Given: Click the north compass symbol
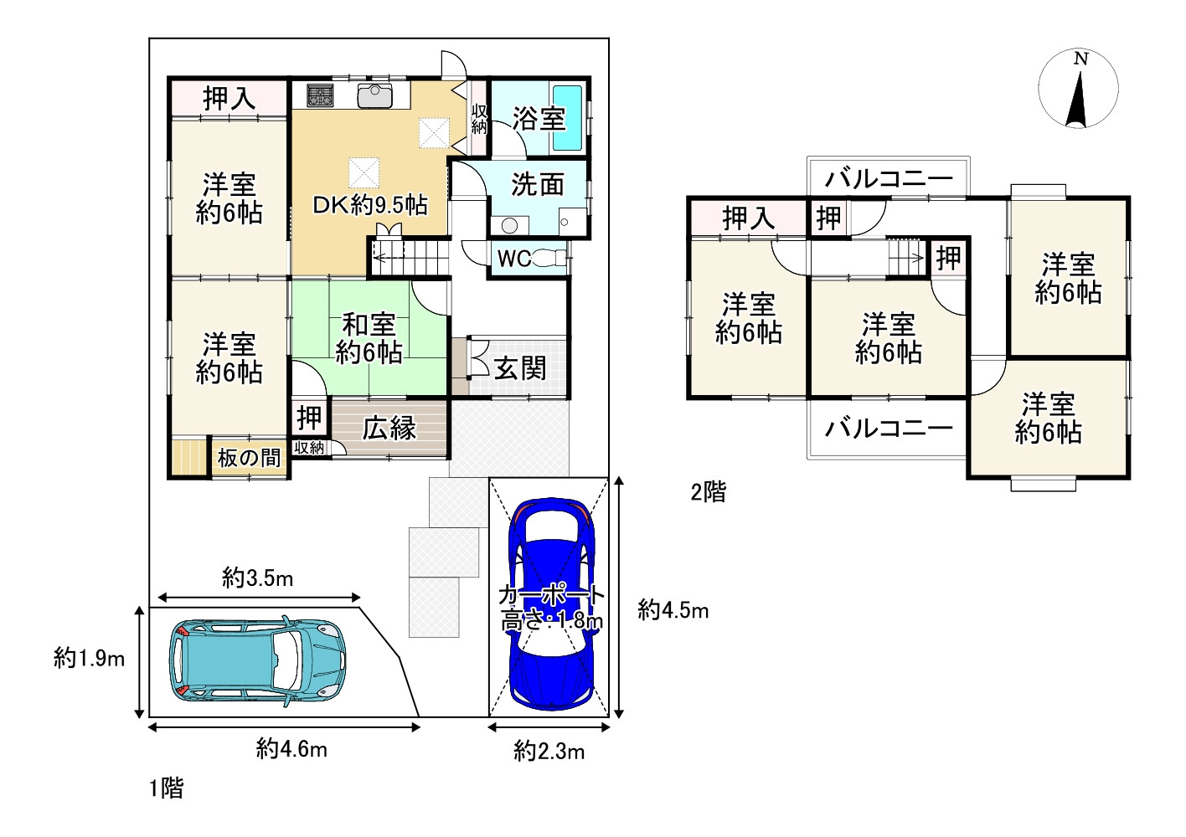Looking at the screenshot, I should click(x=1078, y=89).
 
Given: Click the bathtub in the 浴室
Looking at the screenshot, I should click(x=567, y=117).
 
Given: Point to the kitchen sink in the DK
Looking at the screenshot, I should click(x=375, y=95).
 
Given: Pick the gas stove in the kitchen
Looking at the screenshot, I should click(x=320, y=95).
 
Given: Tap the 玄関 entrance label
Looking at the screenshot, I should click(x=519, y=367).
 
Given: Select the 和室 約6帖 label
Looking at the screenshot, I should click(x=369, y=337).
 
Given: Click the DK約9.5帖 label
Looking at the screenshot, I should click(x=369, y=204).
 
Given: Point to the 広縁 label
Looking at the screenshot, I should click(x=389, y=428).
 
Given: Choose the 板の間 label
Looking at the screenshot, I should click(x=249, y=458).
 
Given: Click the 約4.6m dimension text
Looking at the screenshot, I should click(x=291, y=748).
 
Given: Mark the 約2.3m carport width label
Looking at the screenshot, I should click(x=549, y=751).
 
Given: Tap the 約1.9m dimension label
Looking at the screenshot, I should click(x=89, y=659).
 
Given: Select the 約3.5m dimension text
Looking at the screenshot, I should click(x=257, y=578).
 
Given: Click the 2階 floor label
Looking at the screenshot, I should click(x=708, y=491).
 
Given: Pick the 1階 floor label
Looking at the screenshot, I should click(x=166, y=788).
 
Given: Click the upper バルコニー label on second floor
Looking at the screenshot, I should click(x=889, y=178).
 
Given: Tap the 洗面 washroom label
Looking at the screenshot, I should click(x=537, y=184).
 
